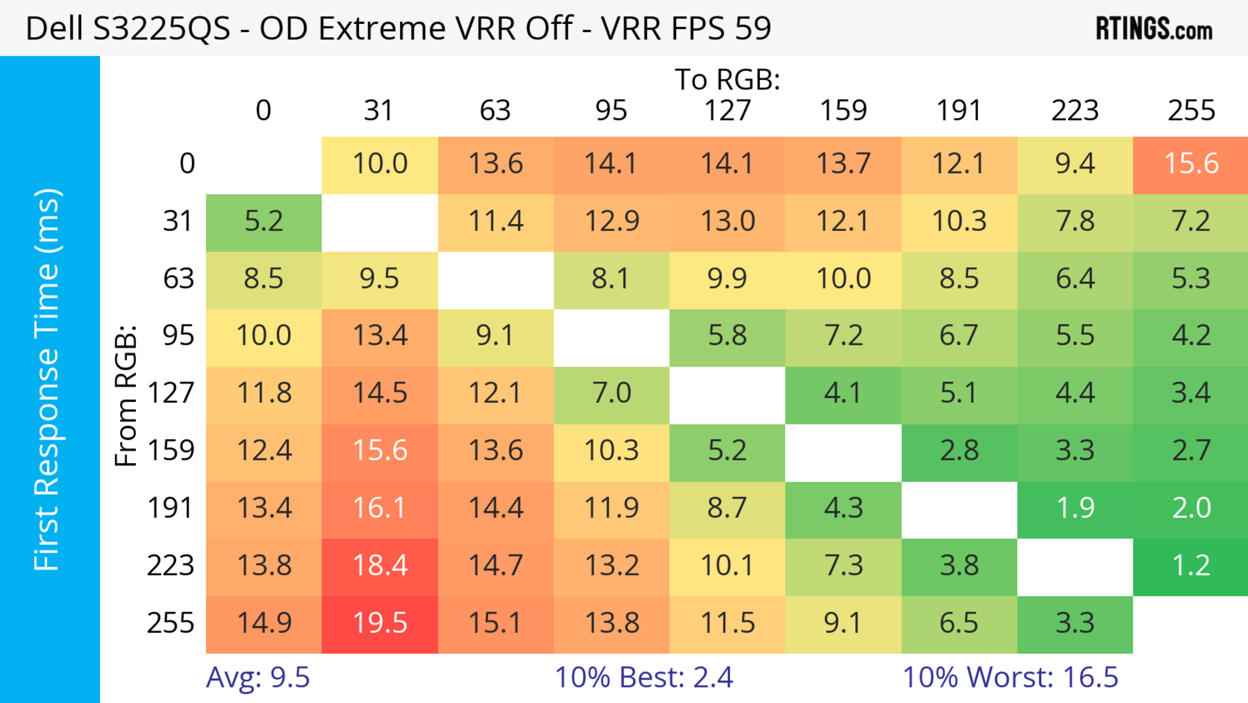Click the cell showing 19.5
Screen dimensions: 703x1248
coord(380,624)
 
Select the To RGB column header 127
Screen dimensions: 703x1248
coord(727,111)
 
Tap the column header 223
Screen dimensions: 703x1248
coord(1075,111)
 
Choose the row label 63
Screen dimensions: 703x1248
coord(178,279)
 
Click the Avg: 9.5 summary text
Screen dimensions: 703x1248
coord(258,678)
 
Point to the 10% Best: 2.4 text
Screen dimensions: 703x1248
coord(643,678)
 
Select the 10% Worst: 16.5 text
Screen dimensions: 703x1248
coord(1010,678)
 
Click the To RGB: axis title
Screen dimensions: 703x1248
coord(727,80)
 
